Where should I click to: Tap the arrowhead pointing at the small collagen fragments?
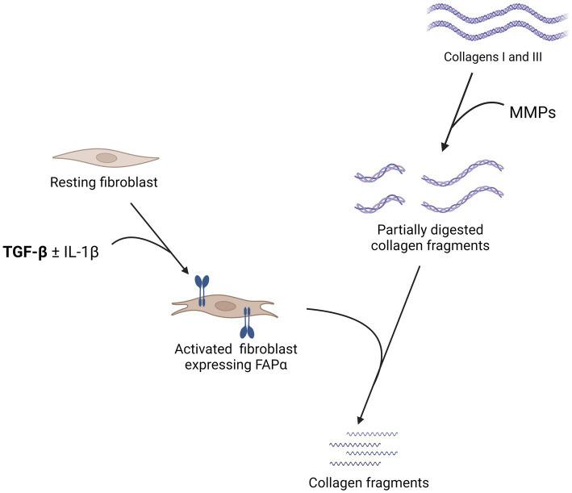357,421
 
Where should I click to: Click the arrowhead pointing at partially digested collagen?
445,148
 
